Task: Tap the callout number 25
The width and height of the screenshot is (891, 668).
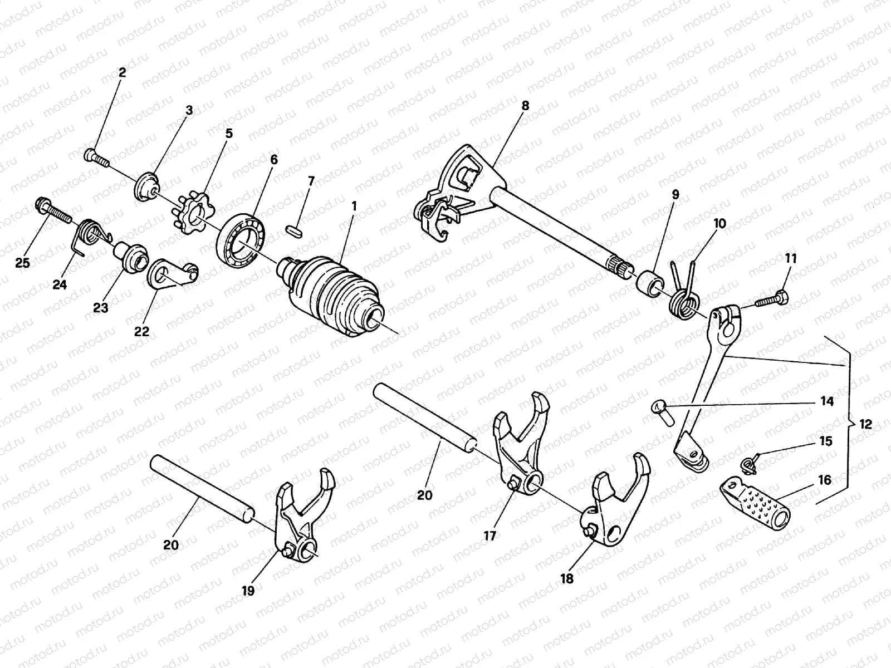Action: coord(23,262)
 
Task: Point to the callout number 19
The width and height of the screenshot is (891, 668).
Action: coord(248,591)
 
